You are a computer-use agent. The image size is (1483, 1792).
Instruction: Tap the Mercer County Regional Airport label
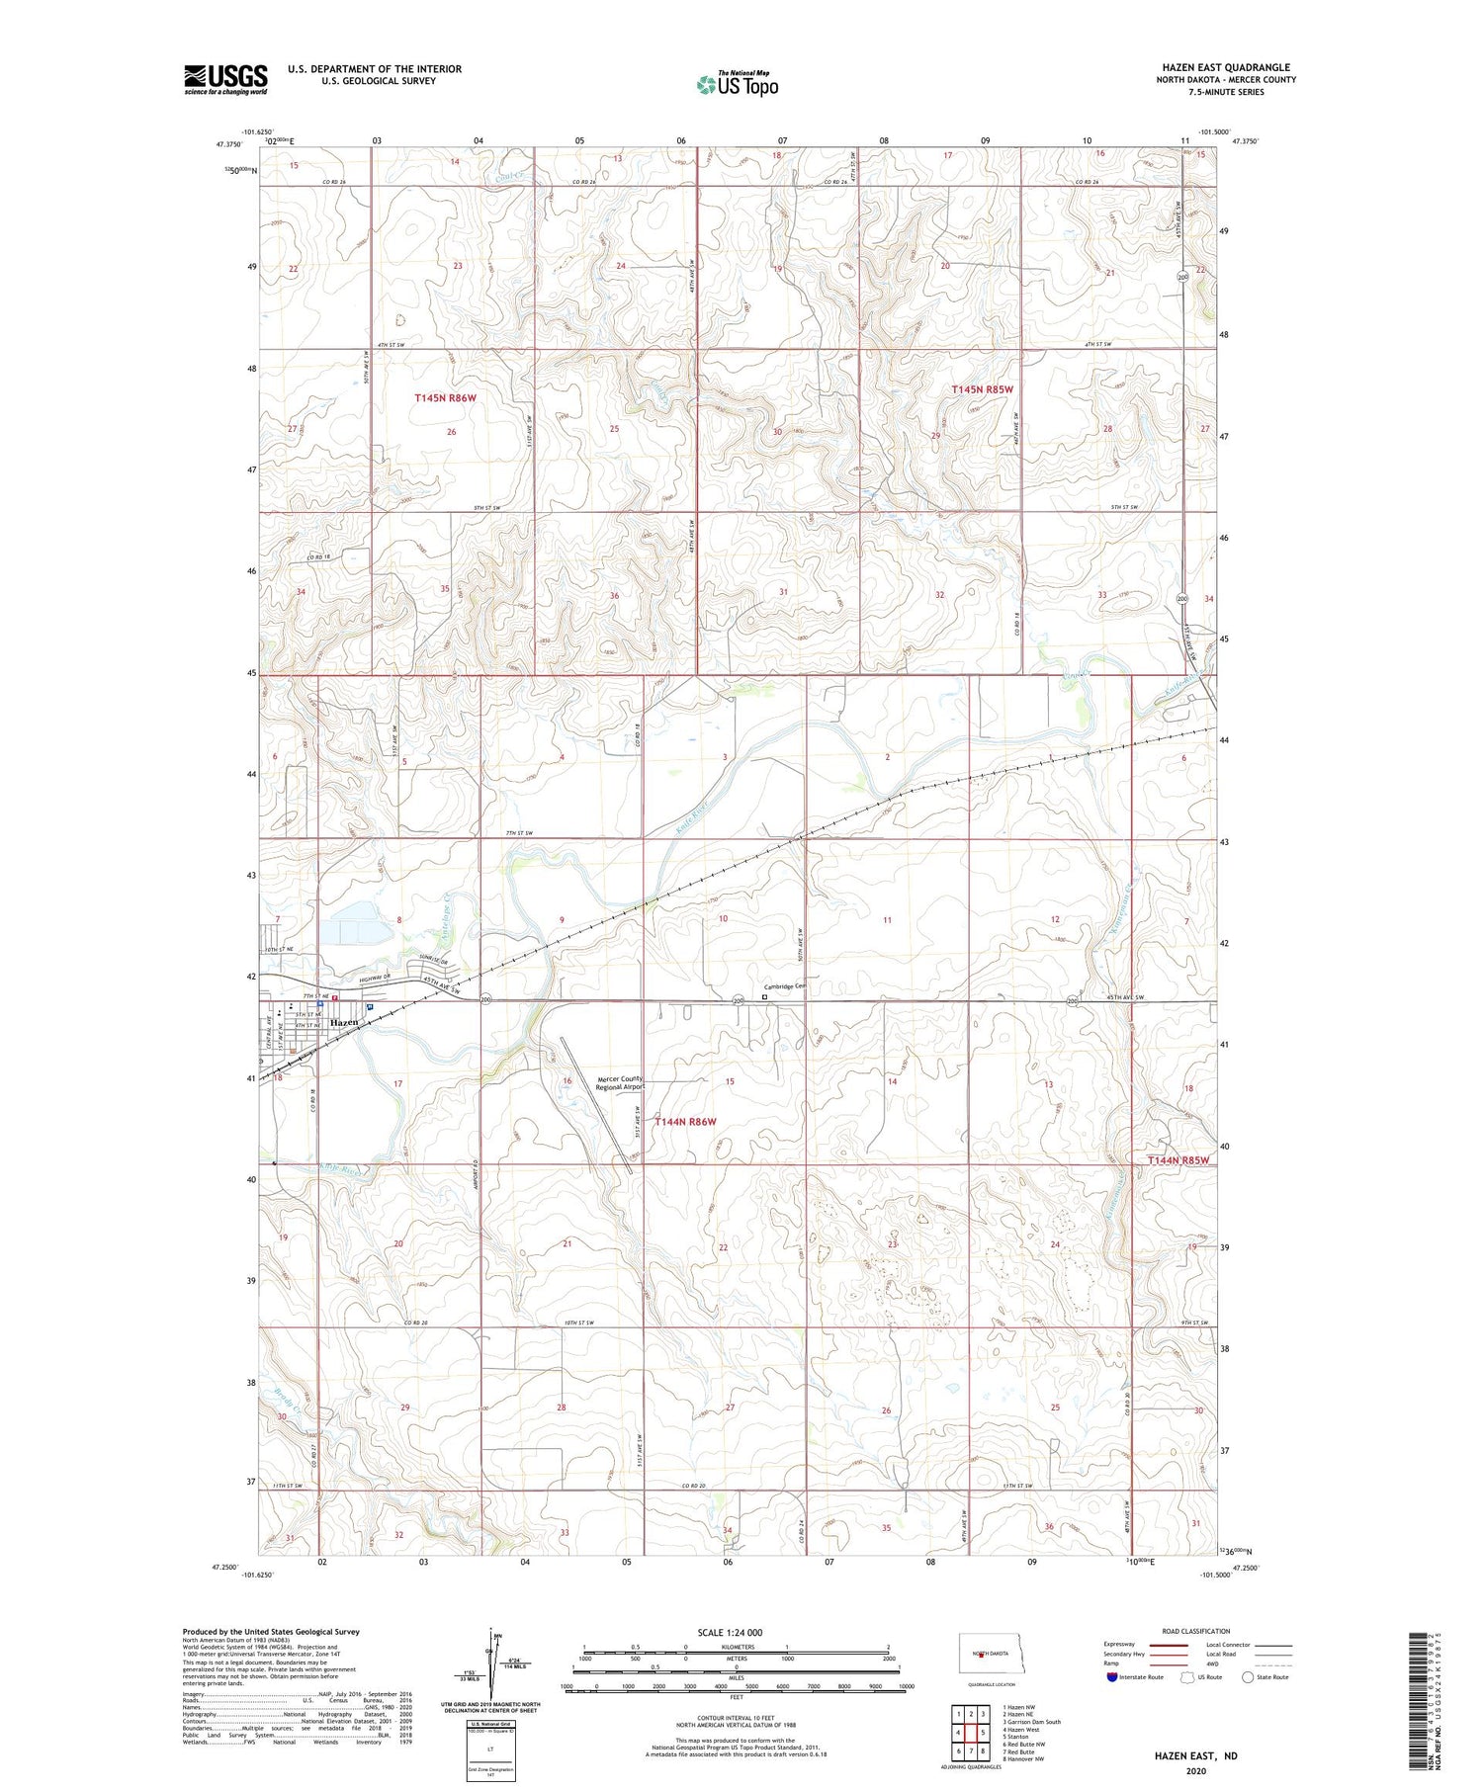pos(620,1082)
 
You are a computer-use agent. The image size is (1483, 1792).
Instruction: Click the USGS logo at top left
pos(225,79)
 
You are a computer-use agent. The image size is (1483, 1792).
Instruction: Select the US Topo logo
pos(738,84)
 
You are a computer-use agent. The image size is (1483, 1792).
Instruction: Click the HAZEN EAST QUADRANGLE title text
pos(1225,67)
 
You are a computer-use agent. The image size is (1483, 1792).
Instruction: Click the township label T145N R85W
pos(982,389)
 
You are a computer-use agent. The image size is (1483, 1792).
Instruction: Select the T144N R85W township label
pos(1178,1159)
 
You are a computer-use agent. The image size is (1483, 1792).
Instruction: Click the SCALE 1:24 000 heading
pos(730,1632)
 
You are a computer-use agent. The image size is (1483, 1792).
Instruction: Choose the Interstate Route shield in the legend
pos(1111,1676)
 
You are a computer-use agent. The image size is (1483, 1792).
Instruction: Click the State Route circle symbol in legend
pos(1248,1676)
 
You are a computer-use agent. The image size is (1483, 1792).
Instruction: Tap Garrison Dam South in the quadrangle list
pos(1031,1721)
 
